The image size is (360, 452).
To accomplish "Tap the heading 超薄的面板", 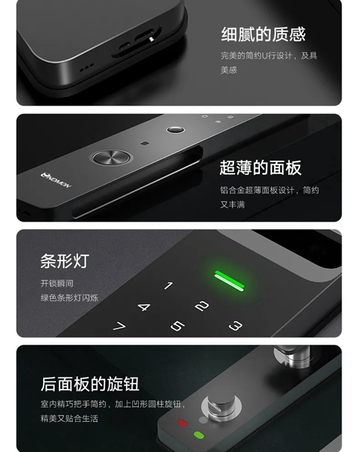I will [x=260, y=168].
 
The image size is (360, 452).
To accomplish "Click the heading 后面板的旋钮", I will [x=90, y=384].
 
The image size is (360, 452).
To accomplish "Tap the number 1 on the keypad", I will [x=169, y=286].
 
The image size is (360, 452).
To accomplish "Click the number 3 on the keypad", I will [x=235, y=326].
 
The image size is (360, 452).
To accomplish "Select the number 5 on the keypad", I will [x=177, y=326].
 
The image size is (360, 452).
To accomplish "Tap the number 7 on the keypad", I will [x=119, y=327].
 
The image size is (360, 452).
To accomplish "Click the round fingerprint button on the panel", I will [x=111, y=158].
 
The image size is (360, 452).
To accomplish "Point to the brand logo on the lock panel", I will [x=56, y=179].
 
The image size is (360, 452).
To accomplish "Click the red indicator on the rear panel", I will [x=182, y=423].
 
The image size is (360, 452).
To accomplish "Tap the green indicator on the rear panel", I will [x=199, y=435].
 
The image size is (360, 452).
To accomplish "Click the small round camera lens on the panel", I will [x=174, y=129].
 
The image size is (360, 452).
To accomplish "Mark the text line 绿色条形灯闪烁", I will [x=69, y=297].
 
